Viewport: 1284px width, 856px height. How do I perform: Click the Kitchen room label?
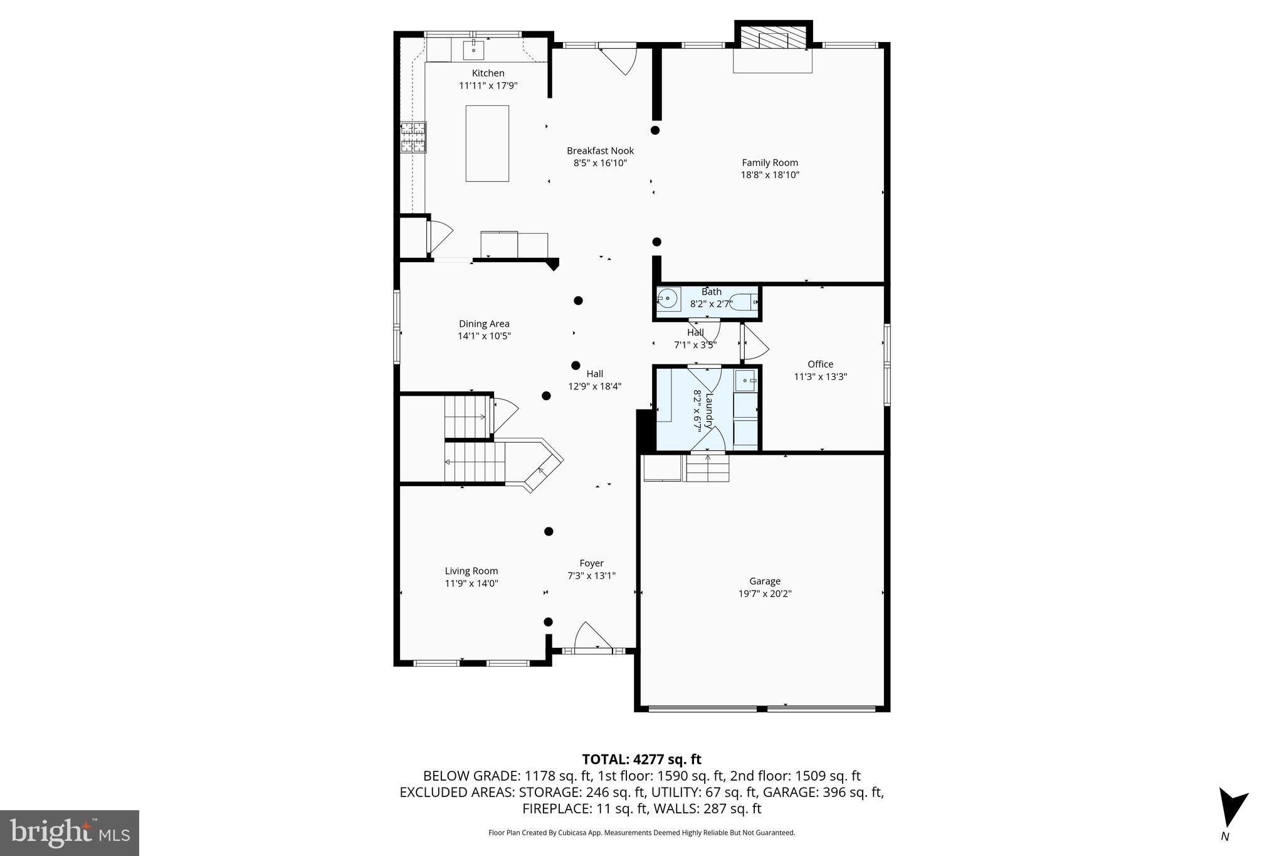coord(488,73)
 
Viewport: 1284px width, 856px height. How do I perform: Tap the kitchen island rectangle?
coord(487,144)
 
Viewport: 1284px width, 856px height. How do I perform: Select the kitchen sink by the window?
coord(474,48)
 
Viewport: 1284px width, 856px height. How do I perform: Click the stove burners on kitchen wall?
coord(413,137)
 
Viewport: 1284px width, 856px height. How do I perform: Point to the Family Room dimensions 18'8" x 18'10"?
coord(770,175)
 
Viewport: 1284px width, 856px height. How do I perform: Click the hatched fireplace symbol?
coord(773,37)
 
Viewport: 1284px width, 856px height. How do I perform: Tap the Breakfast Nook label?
coord(600,151)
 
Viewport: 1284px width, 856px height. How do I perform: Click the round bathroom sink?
coord(668,299)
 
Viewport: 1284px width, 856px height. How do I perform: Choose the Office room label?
coord(820,364)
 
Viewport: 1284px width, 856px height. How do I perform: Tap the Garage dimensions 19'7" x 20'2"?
coord(765,593)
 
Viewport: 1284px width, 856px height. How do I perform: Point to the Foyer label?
coord(591,563)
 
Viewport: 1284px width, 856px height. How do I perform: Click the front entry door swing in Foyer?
coord(591,635)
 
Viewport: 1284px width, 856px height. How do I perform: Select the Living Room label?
coord(471,571)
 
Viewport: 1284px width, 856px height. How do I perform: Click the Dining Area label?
coord(484,324)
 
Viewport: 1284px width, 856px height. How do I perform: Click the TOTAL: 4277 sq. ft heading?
coord(641,759)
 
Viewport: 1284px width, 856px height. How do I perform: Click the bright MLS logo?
coord(70,833)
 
